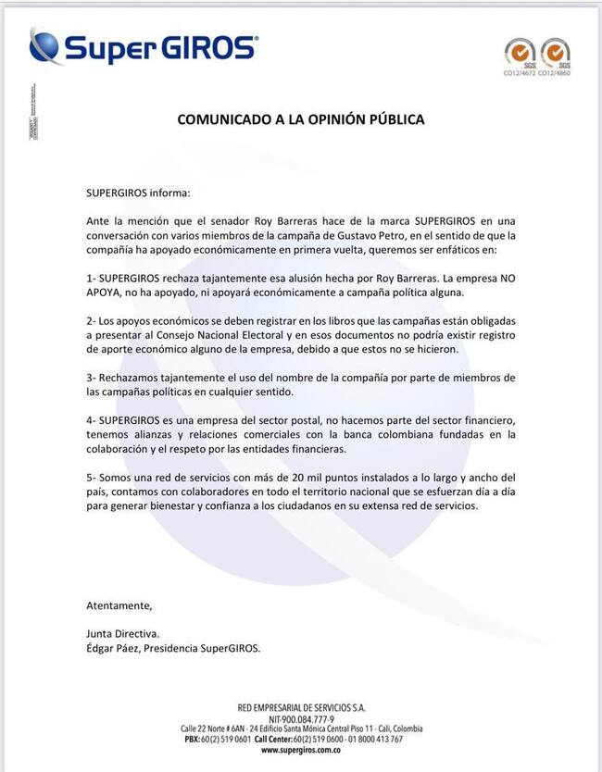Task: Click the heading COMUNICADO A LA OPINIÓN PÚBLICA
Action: click(301, 120)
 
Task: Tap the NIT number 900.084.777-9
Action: click(305, 717)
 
